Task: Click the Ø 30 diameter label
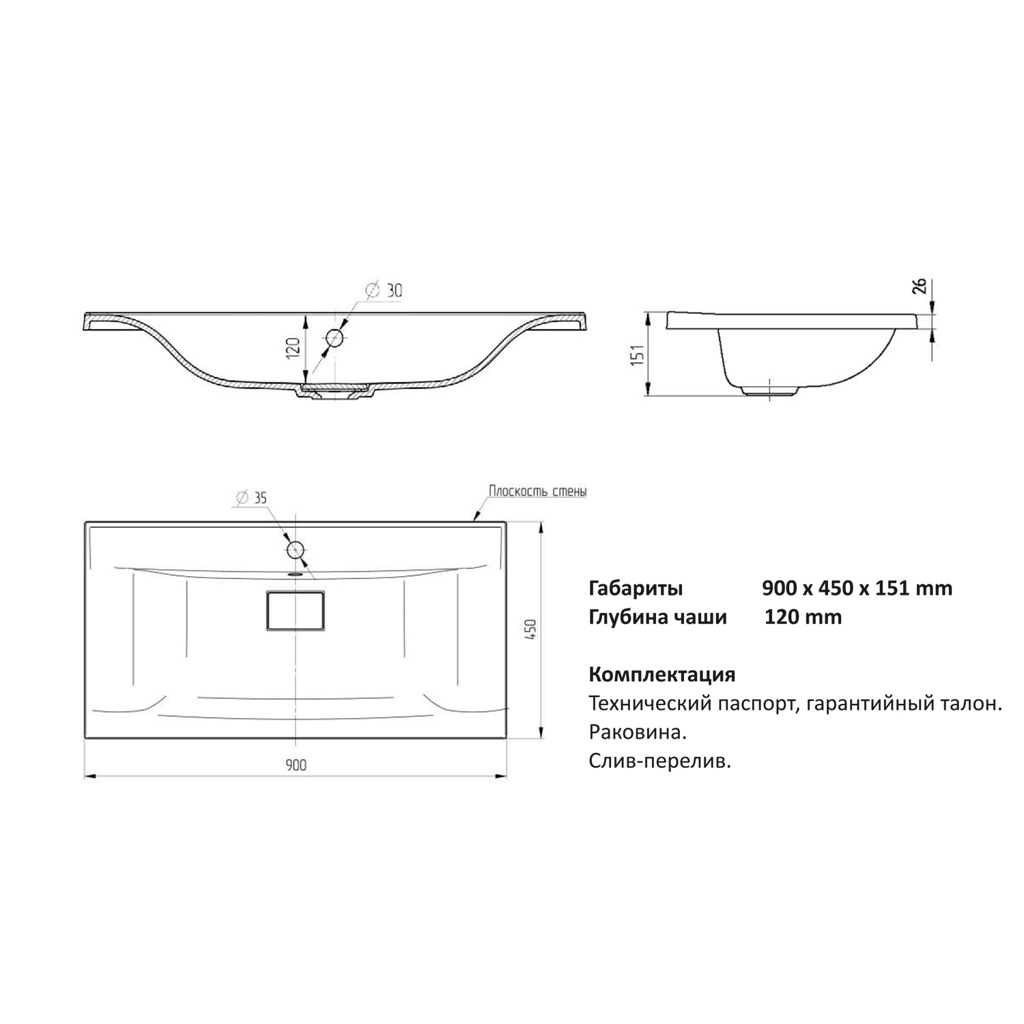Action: click(384, 290)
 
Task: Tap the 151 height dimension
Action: click(637, 354)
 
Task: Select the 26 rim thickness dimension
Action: click(920, 286)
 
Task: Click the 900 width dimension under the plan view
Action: click(296, 765)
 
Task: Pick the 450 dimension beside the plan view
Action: click(532, 629)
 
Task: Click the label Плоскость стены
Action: click(537, 491)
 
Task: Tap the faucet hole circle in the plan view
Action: click(296, 549)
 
